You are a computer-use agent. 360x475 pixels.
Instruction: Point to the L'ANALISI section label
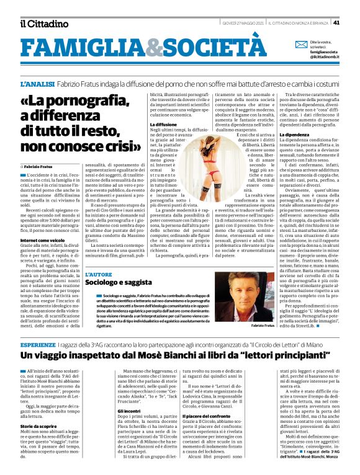(x=37, y=83)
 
